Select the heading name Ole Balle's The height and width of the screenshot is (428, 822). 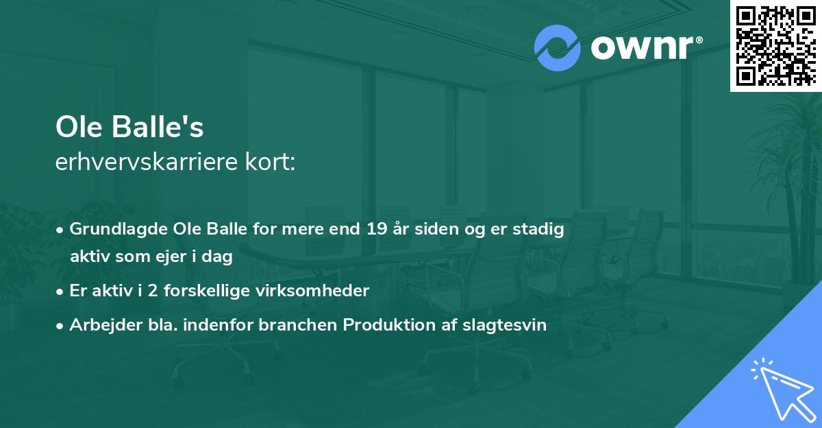[x=129, y=128]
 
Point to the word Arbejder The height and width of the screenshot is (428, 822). [x=101, y=325]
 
